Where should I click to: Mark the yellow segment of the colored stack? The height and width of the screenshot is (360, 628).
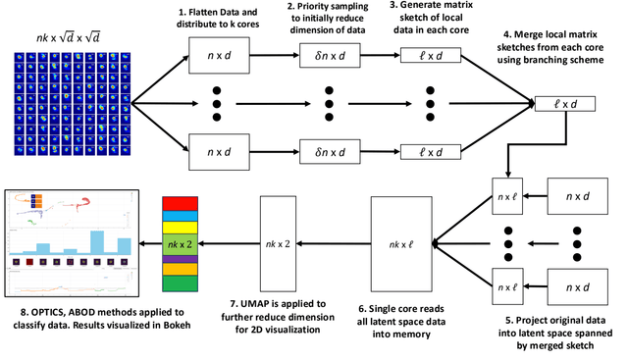[x=181, y=226]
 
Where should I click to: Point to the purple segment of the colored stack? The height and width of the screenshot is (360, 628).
[x=181, y=258]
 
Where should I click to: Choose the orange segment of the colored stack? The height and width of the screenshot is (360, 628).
[x=181, y=268]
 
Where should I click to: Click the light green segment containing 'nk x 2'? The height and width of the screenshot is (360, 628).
[x=181, y=242]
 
